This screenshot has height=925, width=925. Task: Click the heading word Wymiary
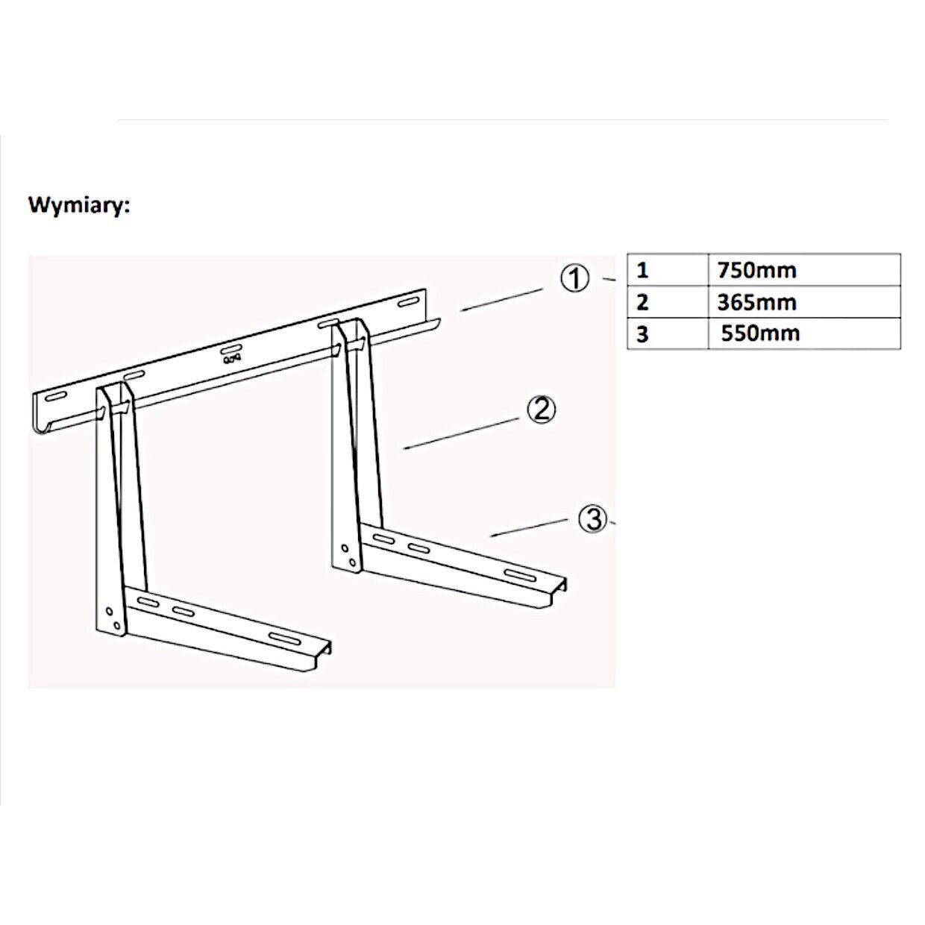pos(79,205)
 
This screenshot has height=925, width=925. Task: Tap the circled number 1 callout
pos(574,279)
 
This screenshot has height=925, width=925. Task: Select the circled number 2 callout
pos(542,410)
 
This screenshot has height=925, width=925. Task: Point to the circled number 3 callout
pos(593,518)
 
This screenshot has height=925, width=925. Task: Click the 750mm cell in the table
pos(756,270)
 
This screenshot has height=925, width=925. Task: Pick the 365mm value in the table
pos(756,302)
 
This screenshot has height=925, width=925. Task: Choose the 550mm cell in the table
pos(759,333)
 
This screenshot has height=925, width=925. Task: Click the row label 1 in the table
pos(643,270)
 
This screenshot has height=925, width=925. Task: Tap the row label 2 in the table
pos(643,302)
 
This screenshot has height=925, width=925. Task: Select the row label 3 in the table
pos(643,334)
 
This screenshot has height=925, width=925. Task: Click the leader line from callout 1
pos(501,300)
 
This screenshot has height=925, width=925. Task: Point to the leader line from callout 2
pos(460,433)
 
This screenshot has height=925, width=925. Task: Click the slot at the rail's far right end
pos(408,302)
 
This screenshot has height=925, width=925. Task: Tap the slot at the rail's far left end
pos(56,398)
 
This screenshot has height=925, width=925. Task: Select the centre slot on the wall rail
pos(231,349)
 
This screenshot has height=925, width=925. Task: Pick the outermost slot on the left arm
pos(283,636)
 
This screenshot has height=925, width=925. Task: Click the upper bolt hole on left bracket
pos(110,611)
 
